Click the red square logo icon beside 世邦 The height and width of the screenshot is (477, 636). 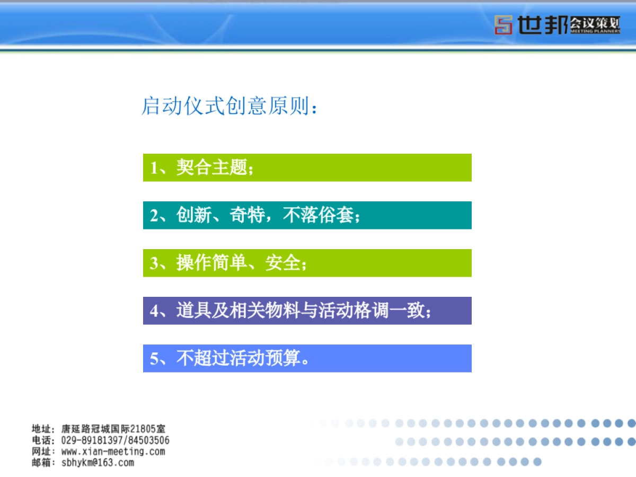pos(503,25)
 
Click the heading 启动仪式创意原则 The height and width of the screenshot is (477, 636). pos(225,106)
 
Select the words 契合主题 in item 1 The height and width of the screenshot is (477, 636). pos(211,168)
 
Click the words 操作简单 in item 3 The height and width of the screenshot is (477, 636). pos(211,263)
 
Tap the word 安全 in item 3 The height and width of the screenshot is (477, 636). pos(283,263)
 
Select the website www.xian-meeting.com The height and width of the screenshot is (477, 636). pos(113,452)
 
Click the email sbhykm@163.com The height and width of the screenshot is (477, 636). pos(98,463)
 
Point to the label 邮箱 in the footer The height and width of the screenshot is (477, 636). pos(41,463)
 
